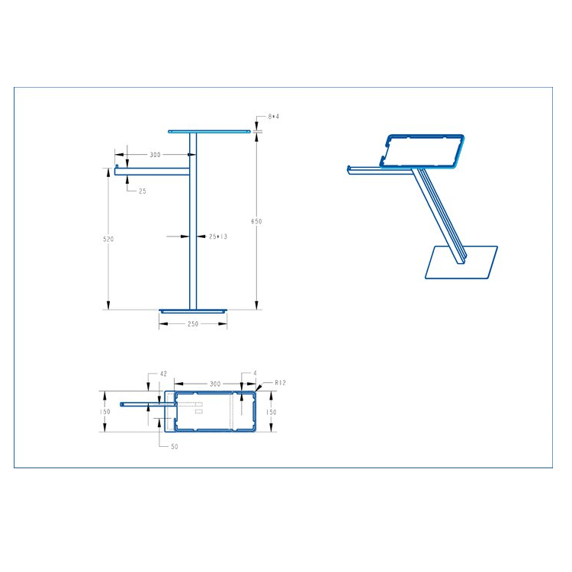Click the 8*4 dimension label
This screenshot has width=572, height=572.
[x=273, y=117]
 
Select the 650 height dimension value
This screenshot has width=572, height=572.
[x=256, y=221]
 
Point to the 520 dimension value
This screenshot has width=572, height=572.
[x=108, y=239]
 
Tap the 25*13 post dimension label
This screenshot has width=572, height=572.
[x=218, y=236]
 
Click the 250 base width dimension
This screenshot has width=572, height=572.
[x=193, y=323]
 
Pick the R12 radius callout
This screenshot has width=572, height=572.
[x=280, y=383]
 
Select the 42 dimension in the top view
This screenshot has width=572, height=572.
[x=163, y=374]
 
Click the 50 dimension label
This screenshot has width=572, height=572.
[x=175, y=446]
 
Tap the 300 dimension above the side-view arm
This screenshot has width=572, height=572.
[x=155, y=155]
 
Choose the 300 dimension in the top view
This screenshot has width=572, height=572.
[x=215, y=384]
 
